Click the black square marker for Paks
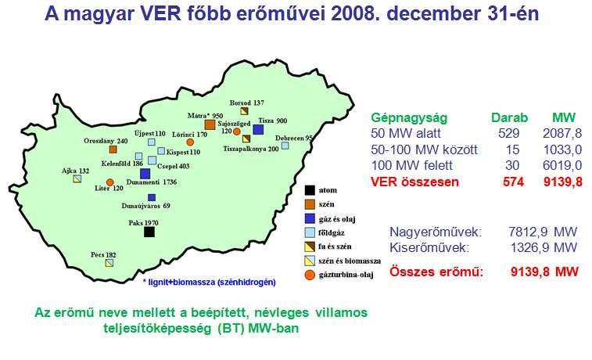point(149,232)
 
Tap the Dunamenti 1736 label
point(152,182)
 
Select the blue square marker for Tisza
point(258,130)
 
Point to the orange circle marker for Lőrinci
point(190,142)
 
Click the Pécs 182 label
point(103,255)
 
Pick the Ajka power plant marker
point(77,178)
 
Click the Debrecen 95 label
point(294,139)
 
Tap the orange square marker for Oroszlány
point(113,149)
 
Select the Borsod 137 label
point(247,103)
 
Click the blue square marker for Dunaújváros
point(152,197)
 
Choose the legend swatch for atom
point(310,190)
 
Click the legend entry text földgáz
point(331,232)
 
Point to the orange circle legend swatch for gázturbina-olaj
point(310,275)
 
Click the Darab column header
point(509,117)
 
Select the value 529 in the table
point(508,133)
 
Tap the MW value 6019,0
point(562,165)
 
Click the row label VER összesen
point(414,182)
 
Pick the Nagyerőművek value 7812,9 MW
point(543,232)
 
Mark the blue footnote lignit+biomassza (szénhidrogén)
point(209,283)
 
